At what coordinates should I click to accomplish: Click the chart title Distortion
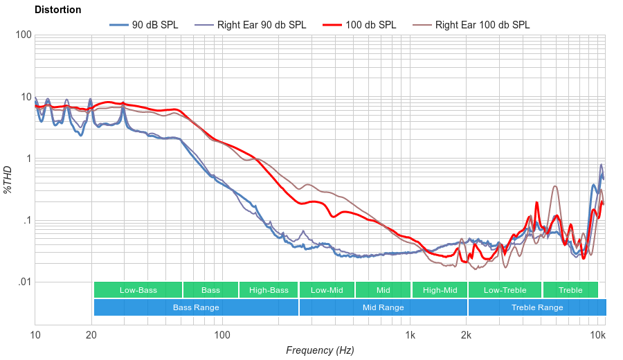[57, 10]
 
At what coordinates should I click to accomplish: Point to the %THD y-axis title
[8, 179]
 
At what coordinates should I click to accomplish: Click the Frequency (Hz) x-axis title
[320, 350]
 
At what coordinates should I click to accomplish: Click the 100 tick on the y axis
[23, 35]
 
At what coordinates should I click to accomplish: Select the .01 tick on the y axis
[24, 282]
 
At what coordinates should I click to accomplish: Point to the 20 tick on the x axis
[91, 336]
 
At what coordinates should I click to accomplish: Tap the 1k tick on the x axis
[410, 336]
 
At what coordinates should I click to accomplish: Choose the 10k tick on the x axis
[597, 336]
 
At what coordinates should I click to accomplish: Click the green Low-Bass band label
[138, 290]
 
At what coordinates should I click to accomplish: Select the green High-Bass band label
[268, 290]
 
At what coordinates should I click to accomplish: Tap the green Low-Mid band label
[327, 290]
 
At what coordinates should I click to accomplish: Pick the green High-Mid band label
[440, 290]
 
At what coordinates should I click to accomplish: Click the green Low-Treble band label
[505, 290]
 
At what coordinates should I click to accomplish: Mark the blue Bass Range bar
[196, 307]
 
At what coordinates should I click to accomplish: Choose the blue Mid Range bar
[383, 307]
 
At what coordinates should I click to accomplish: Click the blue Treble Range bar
[536, 307]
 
